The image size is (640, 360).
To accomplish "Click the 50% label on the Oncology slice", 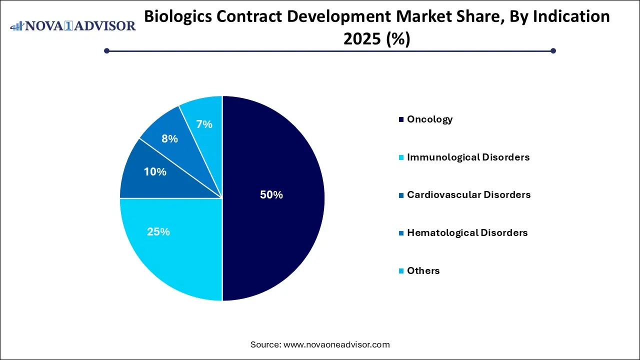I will [x=271, y=195].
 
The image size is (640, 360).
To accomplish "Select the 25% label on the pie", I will [x=158, y=232].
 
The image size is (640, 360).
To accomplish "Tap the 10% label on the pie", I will [x=155, y=172].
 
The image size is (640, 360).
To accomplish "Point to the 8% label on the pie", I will [x=169, y=139].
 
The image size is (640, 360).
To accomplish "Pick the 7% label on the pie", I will [x=204, y=124].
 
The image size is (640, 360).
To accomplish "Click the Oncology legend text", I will [x=429, y=119].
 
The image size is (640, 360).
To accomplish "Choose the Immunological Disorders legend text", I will [x=468, y=157].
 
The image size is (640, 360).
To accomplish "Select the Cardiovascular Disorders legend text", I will [x=468, y=194].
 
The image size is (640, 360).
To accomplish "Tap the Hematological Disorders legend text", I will [x=467, y=232].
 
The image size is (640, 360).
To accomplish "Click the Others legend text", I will [x=423, y=270].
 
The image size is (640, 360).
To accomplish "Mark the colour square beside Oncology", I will [x=401, y=119].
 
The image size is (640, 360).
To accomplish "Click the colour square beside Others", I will [x=401, y=271].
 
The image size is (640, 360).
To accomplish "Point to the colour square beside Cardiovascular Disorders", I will [x=401, y=195].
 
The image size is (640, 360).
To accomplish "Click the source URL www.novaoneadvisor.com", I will [x=336, y=344].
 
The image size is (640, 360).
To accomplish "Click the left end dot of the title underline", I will [x=106, y=50].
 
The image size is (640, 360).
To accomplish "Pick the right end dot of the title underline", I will [x=553, y=50].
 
